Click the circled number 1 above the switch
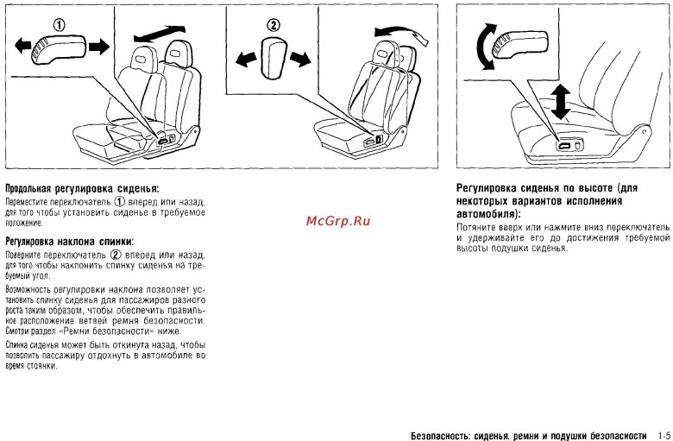pos(60,26)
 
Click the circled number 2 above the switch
pos(273,25)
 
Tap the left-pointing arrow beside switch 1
pos(22,45)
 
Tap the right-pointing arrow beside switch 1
pos(99,47)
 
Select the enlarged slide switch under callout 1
pos(59,49)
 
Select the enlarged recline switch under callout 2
pos(274,58)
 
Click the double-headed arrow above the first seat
pos(160,34)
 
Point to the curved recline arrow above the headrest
pos(401,32)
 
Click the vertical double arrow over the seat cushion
pos(561,102)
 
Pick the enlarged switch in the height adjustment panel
pos(520,44)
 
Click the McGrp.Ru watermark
pos(338,221)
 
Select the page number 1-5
pos(664,436)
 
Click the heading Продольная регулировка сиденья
pos(82,188)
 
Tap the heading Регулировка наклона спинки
pos(70,242)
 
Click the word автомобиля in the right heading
pos(487,213)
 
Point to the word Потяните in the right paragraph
pos(475,227)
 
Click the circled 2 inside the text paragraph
pos(116,255)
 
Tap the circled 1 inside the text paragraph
pos(120,201)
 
